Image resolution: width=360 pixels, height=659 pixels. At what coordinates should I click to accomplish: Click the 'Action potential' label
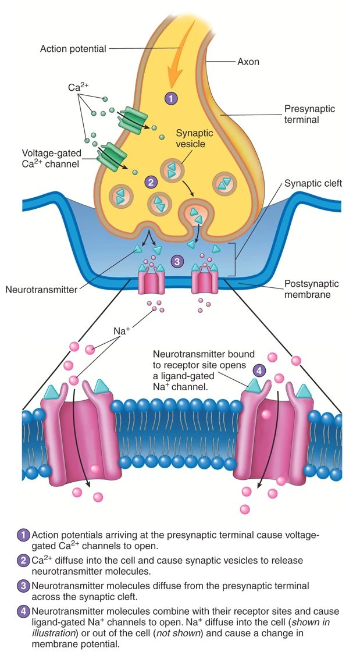pyautogui.click(x=73, y=49)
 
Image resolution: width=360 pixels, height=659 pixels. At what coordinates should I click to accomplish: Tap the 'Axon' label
pyautogui.click(x=249, y=60)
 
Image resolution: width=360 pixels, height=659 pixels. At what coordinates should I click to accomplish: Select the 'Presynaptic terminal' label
pyautogui.click(x=309, y=114)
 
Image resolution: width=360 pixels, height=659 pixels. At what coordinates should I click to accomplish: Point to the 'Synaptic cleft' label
pyautogui.click(x=313, y=183)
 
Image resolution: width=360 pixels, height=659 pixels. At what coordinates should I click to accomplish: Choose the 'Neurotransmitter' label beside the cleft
pyautogui.click(x=40, y=289)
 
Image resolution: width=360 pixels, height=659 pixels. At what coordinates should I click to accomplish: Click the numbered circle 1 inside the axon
pyautogui.click(x=171, y=98)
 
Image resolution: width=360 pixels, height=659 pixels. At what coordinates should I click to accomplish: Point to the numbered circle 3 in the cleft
pyautogui.click(x=177, y=261)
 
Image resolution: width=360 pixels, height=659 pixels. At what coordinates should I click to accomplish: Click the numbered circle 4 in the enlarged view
pyautogui.click(x=259, y=369)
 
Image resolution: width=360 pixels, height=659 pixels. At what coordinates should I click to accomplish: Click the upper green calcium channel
pyautogui.click(x=134, y=118)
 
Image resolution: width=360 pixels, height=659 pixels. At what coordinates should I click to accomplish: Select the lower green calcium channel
pyautogui.click(x=114, y=156)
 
